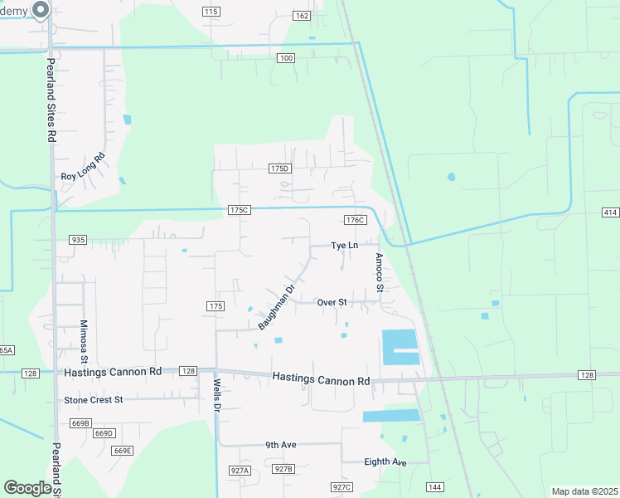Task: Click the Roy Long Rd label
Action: pyautogui.click(x=84, y=168)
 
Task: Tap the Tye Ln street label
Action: pyautogui.click(x=344, y=246)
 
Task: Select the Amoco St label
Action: pyautogui.click(x=379, y=272)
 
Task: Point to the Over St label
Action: pyautogui.click(x=332, y=302)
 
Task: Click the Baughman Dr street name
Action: pyautogui.click(x=277, y=308)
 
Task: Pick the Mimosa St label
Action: pyautogui.click(x=84, y=342)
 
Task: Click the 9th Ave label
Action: pyautogui.click(x=281, y=445)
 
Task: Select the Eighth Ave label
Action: pyautogui.click(x=385, y=461)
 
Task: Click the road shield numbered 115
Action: pyautogui.click(x=211, y=12)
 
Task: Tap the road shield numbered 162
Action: pyautogui.click(x=302, y=16)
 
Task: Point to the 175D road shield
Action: pyautogui.click(x=280, y=168)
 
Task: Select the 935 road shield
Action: pyautogui.click(x=79, y=240)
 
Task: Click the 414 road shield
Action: pyautogui.click(x=610, y=213)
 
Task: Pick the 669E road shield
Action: pyautogui.click(x=122, y=451)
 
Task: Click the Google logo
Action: pyautogui.click(x=28, y=488)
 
